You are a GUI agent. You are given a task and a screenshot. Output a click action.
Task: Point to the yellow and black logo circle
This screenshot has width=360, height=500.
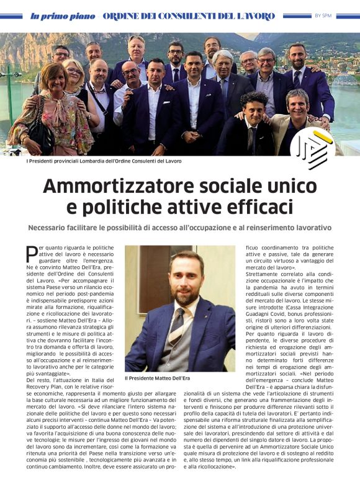coord(312,149)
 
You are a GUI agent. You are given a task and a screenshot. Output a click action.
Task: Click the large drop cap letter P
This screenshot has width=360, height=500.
coord(32,254)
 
